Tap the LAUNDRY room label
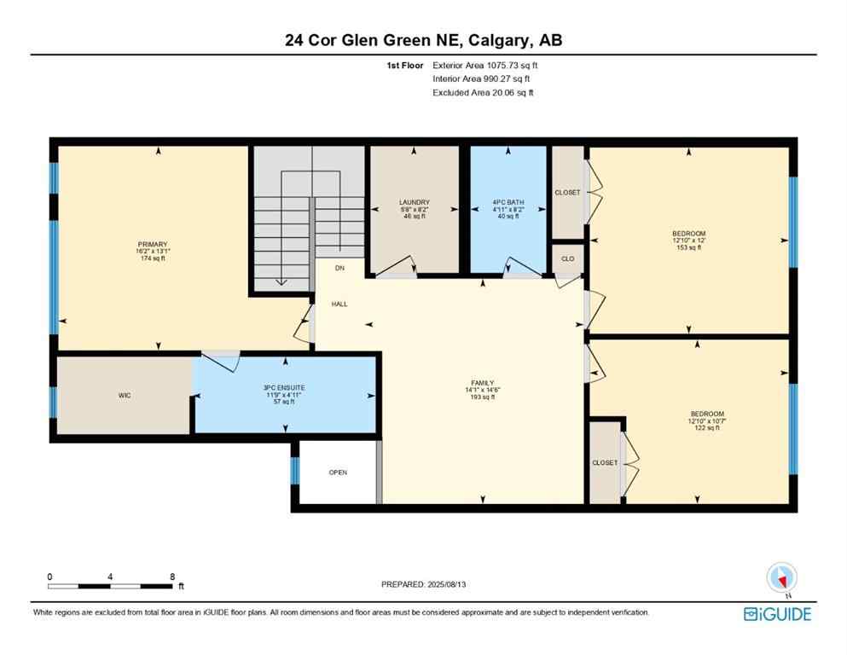click(x=415, y=202)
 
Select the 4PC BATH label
click(x=508, y=202)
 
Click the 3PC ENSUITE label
click(x=285, y=388)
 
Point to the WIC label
click(x=125, y=396)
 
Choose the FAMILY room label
click(x=482, y=383)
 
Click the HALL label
click(x=339, y=304)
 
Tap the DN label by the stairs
click(x=339, y=269)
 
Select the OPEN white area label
click(x=338, y=472)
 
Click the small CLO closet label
click(x=567, y=258)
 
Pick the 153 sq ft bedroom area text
click(x=688, y=247)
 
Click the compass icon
click(x=781, y=578)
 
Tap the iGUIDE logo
click(x=777, y=614)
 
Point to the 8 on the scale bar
click(x=172, y=577)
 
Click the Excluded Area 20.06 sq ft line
click(x=483, y=92)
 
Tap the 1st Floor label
click(x=406, y=64)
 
